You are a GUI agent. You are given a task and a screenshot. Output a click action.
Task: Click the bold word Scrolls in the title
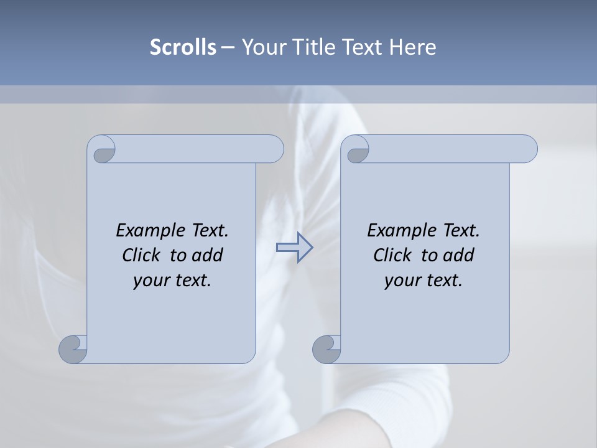[x=183, y=47]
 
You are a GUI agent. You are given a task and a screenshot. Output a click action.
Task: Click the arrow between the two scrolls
[x=294, y=248]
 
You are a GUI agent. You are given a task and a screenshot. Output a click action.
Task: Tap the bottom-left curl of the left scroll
[x=73, y=349]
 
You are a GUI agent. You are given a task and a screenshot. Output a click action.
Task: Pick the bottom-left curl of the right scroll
[x=326, y=349]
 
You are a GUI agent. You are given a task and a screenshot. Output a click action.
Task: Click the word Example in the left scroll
[x=145, y=231]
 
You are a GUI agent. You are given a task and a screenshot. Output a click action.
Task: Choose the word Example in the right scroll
[x=396, y=231]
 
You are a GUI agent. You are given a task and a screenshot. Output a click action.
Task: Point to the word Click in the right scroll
[x=392, y=256]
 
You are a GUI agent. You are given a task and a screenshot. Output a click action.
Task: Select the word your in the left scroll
[x=150, y=281]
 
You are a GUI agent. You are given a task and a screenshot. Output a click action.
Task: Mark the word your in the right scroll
[x=401, y=281]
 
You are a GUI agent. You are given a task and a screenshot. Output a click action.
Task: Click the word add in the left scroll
[x=207, y=256]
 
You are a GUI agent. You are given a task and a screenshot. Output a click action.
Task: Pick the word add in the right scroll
[x=458, y=256]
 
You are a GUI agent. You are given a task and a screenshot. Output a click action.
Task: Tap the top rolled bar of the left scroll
[x=199, y=149]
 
